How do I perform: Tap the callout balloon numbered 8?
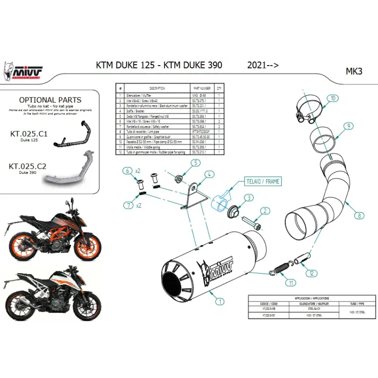(359, 215)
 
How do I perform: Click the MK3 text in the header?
(354, 72)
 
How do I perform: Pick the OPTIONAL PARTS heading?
(50, 100)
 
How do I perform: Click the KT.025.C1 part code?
(28, 134)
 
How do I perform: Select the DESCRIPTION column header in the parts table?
(157, 88)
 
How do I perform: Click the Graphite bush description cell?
(157, 136)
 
